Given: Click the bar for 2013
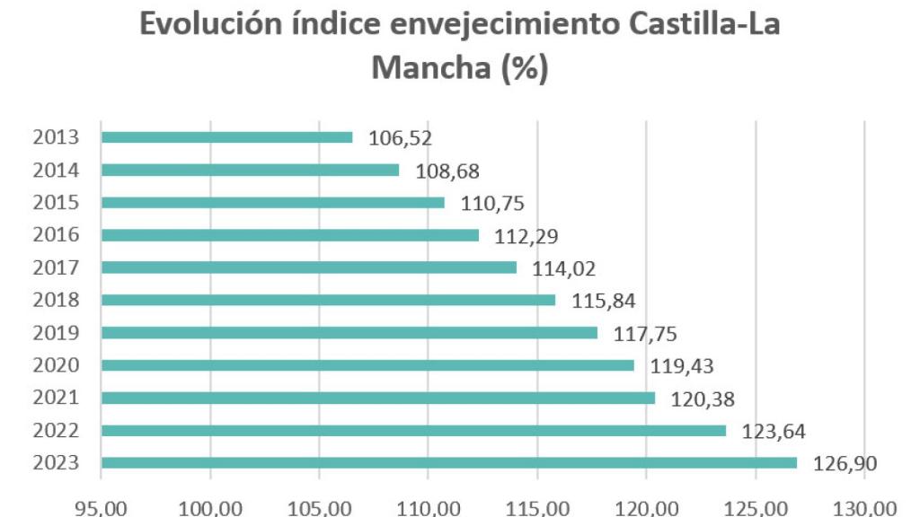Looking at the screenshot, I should point(226,137).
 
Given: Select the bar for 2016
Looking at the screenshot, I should point(289,235).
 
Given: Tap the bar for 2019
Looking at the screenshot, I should point(349,333).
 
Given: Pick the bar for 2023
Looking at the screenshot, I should point(448,463).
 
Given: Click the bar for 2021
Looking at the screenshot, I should point(377,398).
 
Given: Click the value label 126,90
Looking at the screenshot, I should point(845,463).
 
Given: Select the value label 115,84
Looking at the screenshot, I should point(604,301).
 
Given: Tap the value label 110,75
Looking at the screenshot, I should point(492,203).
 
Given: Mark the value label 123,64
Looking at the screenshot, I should point(774,431).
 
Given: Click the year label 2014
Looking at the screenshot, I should point(56,171).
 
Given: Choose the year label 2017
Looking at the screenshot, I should point(56,267).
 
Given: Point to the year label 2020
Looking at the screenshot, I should point(56,365).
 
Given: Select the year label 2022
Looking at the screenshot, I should point(56,431).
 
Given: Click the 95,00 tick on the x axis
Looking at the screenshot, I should point(102,508).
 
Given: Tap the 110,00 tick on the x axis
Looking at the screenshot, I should point(429,508).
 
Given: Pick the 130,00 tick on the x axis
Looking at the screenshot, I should point(864,508).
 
